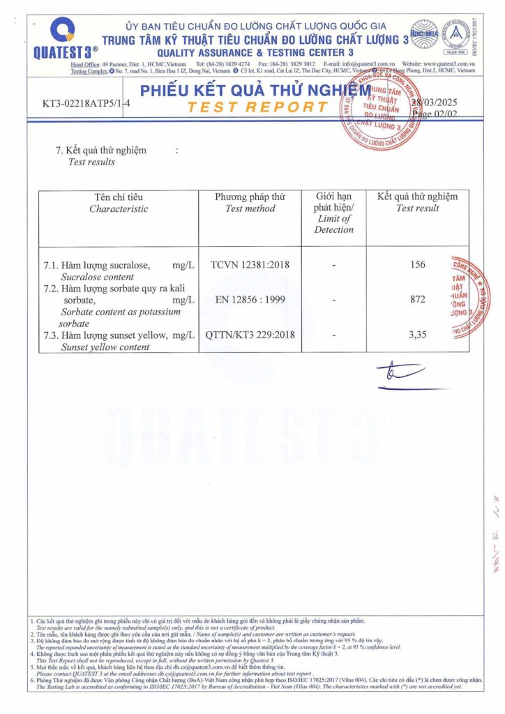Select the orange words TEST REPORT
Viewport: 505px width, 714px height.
click(x=257, y=107)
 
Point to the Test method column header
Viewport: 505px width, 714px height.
click(x=250, y=202)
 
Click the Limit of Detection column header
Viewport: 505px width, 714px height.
click(x=334, y=213)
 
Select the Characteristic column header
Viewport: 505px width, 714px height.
click(x=119, y=202)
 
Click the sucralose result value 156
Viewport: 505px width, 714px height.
click(x=418, y=265)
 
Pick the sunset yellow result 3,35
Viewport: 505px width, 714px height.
click(x=418, y=335)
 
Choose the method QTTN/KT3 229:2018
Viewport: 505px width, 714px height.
click(x=250, y=335)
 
